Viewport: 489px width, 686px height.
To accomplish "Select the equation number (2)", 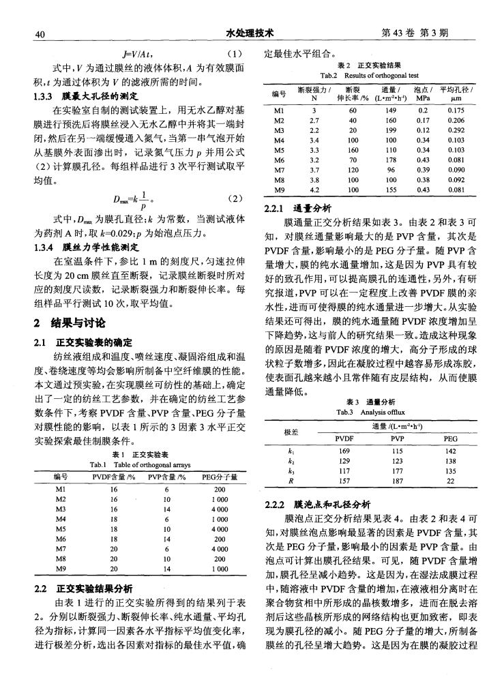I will coord(234,199).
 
